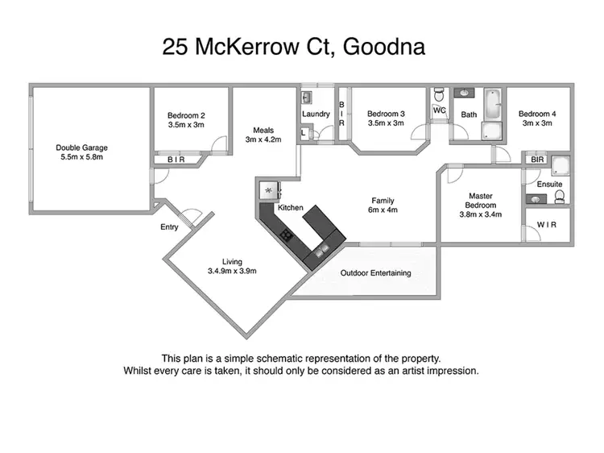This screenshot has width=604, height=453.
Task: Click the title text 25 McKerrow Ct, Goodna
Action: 294,48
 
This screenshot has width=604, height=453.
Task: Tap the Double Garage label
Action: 82,148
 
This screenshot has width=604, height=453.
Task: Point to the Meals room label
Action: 263,131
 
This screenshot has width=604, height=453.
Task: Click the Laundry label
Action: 316,114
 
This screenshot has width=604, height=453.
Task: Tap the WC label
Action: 439,110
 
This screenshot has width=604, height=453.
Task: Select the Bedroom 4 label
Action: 537,114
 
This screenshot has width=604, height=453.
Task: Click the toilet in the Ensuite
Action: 556,194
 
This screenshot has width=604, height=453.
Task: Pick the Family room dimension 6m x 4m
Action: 383,210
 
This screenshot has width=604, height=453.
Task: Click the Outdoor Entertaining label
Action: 375,273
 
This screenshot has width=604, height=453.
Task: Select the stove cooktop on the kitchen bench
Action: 286,235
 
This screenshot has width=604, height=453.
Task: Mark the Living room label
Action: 232,260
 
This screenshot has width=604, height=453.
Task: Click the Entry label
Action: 169,227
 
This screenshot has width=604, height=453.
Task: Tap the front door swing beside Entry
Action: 192,216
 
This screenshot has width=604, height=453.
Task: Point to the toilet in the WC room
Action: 439,94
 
